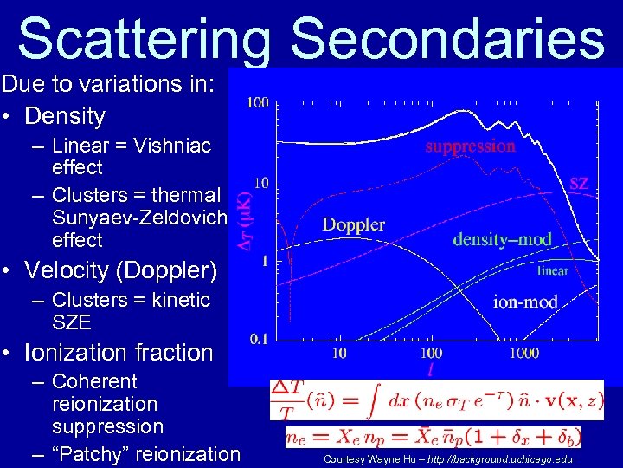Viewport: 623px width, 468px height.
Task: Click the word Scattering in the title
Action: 147,39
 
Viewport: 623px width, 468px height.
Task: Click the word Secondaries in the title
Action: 446,39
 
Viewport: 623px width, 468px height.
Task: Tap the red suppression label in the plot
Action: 470,146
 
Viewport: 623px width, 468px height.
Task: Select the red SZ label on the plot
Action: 579,183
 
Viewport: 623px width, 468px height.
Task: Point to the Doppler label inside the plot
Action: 353,224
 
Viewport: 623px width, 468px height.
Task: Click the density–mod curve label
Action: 502,238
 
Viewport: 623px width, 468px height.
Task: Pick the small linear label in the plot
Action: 553,270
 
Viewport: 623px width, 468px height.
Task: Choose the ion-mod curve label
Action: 525,302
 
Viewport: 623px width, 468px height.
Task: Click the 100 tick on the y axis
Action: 257,103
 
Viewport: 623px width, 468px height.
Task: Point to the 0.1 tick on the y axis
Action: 257,339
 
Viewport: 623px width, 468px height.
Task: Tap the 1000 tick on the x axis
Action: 523,354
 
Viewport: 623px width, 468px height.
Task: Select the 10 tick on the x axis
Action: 339,354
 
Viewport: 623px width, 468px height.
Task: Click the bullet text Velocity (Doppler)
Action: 120,270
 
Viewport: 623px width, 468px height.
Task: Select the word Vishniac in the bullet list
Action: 174,146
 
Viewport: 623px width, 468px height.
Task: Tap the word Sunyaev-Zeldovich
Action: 138,217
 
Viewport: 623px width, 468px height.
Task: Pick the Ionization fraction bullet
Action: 119,353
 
